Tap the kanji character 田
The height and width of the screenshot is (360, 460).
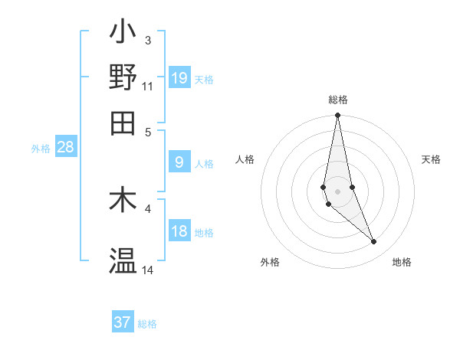click(x=123, y=122)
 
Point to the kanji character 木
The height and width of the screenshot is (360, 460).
click(x=123, y=200)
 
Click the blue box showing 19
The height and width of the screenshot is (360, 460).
click(x=179, y=77)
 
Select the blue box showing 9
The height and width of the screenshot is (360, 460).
click(x=179, y=162)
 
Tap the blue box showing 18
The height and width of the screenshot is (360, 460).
click(x=179, y=231)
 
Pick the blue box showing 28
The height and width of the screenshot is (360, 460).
click(x=65, y=147)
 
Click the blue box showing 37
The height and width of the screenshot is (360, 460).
click(x=123, y=322)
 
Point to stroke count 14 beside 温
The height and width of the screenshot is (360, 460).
click(x=148, y=270)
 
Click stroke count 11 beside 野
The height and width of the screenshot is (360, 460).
click(x=148, y=86)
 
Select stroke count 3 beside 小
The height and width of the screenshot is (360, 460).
click(x=148, y=40)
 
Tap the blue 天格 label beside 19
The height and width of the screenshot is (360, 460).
click(x=204, y=79)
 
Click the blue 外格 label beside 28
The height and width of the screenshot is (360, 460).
click(x=41, y=149)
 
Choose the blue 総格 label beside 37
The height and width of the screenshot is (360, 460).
click(x=147, y=323)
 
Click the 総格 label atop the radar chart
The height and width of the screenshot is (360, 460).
click(x=338, y=100)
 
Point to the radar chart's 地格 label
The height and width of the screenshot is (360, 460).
click(x=402, y=262)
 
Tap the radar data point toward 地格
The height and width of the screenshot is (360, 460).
click(x=374, y=242)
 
